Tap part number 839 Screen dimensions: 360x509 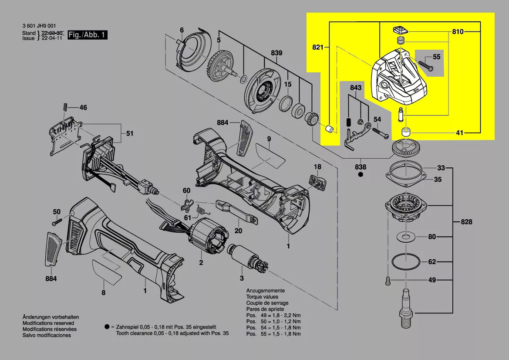[276, 53]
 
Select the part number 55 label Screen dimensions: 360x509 [436, 57]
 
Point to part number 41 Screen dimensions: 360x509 [460, 132]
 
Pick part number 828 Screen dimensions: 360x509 [466, 222]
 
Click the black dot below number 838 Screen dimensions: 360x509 [361, 175]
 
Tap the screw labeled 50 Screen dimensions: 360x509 [55, 223]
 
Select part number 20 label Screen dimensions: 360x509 [238, 231]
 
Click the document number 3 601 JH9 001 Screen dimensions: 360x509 [39, 27]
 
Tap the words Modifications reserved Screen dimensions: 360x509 [48, 323]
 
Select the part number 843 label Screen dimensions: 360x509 [356, 88]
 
